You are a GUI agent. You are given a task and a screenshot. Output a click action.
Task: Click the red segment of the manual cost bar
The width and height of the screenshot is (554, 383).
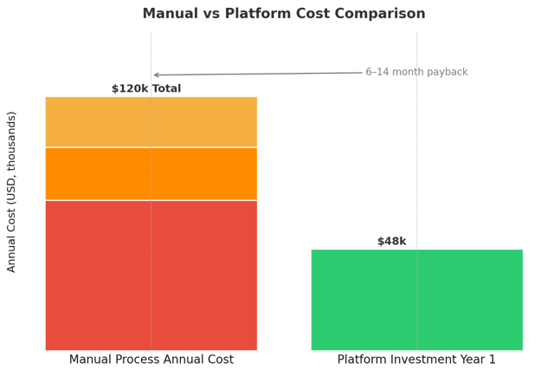pos(151,275)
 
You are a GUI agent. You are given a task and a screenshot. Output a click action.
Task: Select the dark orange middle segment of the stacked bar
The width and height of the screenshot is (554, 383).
pos(151,173)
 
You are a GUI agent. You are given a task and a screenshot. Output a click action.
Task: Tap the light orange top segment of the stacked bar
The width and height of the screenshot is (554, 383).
pos(151,121)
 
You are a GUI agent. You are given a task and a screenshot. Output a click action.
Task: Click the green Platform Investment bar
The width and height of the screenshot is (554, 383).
pos(416,300)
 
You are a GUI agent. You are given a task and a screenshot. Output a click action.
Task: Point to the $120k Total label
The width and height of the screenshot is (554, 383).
pos(146,88)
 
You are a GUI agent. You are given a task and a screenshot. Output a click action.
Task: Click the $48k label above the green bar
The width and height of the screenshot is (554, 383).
pos(391,242)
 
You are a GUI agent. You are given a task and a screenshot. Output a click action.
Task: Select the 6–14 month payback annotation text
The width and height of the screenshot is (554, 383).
pos(416,72)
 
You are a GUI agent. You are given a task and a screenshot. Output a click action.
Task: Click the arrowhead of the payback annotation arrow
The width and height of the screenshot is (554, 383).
pos(156,75)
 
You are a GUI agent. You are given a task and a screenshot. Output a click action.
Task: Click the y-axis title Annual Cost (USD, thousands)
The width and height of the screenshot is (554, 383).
pos(12,191)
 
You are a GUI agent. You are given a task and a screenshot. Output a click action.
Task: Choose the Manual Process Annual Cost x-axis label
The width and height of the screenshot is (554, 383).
pos(151,360)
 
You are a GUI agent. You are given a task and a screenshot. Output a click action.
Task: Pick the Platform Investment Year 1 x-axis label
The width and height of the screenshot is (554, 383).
pos(416,360)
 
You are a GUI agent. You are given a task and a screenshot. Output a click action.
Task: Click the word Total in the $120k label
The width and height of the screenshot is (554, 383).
pos(164,88)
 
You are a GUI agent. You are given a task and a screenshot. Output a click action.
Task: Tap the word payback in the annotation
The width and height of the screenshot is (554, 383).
pos(444,72)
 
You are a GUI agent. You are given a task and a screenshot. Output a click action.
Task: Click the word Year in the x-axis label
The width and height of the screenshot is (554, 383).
pos(469,360)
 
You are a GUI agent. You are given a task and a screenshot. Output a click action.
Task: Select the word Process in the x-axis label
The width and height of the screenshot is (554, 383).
pos(139,360)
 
